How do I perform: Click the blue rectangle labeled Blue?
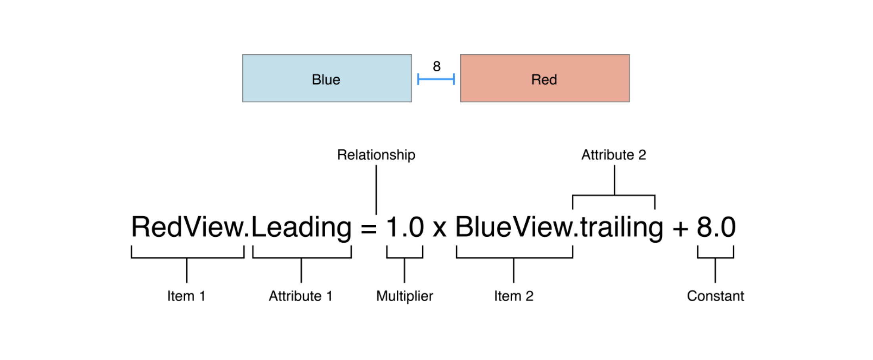tap(327, 78)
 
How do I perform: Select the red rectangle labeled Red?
tap(545, 78)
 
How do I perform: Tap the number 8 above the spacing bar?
tap(436, 66)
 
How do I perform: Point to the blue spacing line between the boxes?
tap(436, 79)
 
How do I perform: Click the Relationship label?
tap(376, 155)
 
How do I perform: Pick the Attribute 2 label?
tap(614, 155)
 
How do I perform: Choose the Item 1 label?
tap(186, 296)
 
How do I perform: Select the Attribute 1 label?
tap(301, 296)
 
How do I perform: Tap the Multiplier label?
tap(404, 296)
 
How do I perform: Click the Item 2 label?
tap(513, 296)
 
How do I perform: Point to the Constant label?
tap(716, 296)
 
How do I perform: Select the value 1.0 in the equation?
tap(405, 227)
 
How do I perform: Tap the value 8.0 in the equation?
tap(716, 227)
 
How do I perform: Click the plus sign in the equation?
tap(680, 229)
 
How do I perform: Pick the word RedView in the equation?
tap(188, 227)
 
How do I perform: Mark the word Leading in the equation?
tap(301, 228)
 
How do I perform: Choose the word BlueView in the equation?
tap(514, 227)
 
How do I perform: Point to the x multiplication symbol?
tap(439, 230)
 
